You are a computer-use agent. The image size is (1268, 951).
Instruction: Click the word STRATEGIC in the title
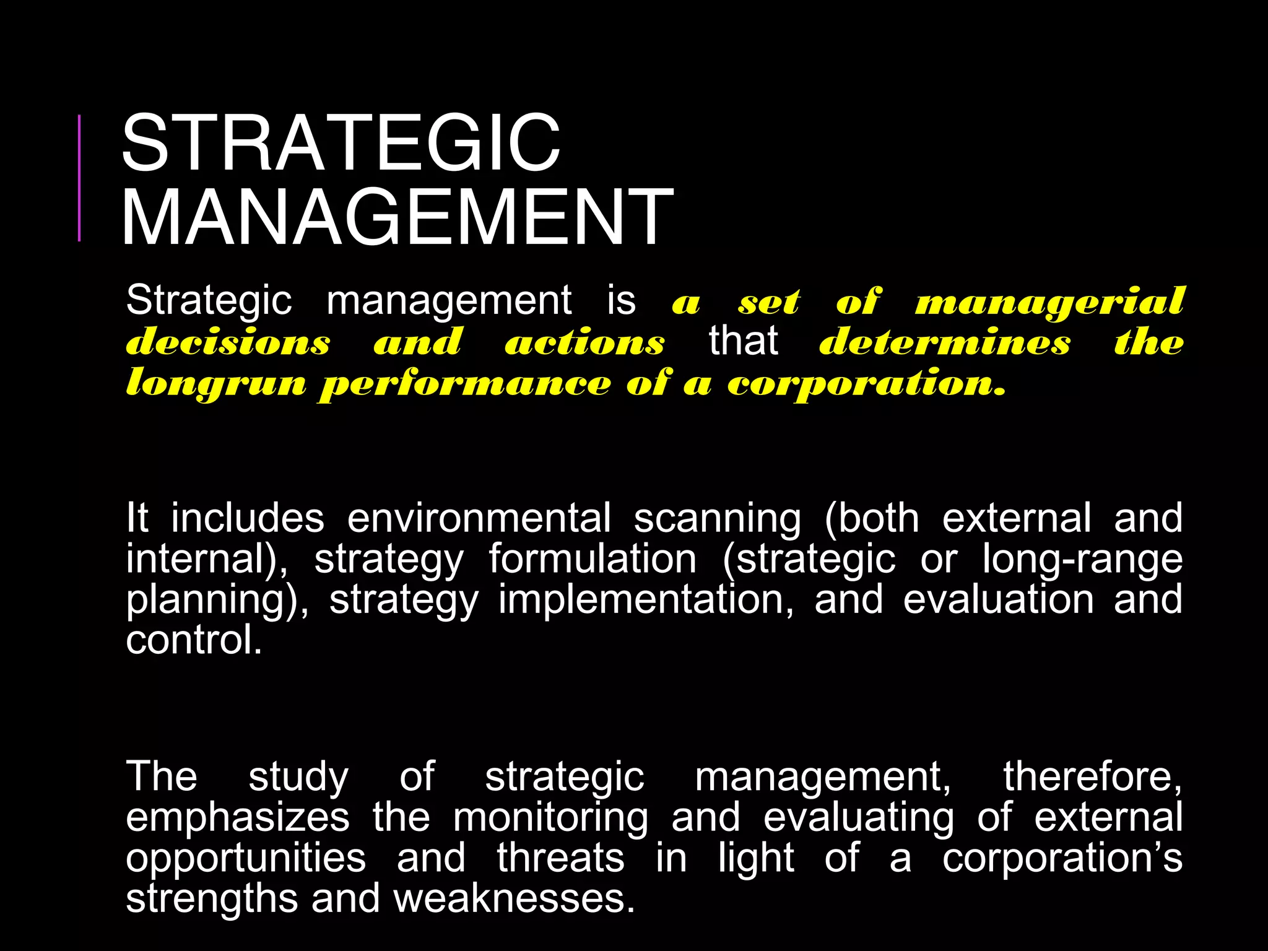(341, 144)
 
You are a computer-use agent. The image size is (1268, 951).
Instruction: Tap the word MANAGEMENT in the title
(397, 218)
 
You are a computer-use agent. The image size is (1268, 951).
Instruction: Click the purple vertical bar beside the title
(79, 178)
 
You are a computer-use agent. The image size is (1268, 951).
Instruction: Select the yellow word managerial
(1049, 303)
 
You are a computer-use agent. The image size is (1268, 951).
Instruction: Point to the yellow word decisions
(228, 342)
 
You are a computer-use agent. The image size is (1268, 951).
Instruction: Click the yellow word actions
(584, 342)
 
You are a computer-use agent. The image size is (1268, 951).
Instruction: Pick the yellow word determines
(945, 342)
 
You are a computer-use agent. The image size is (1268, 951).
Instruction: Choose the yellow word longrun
(216, 383)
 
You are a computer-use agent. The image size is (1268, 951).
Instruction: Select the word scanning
(718, 519)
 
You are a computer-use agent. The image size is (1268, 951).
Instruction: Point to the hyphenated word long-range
(1082, 560)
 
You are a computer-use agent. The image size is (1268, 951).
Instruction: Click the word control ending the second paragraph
(193, 640)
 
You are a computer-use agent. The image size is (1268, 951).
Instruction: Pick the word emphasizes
(238, 817)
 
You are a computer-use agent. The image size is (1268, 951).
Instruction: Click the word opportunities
(246, 859)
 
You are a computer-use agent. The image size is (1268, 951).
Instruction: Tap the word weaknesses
(515, 898)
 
